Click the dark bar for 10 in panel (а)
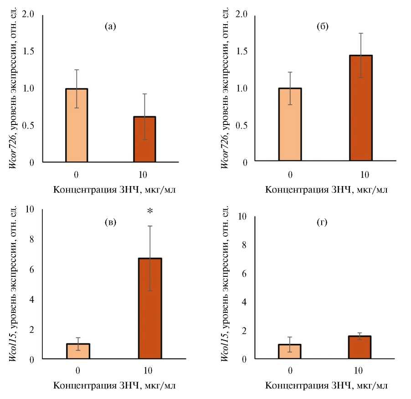tap(144, 139)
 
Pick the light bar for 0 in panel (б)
tap(290, 125)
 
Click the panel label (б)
tap(323, 27)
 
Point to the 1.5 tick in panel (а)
tap(30, 51)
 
